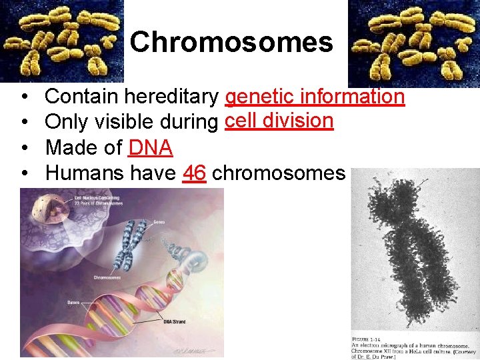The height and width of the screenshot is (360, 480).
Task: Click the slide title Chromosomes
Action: [x=231, y=43]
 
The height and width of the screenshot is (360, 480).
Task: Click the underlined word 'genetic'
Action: [x=260, y=97]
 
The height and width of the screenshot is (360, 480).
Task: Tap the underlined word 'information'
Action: [x=353, y=97]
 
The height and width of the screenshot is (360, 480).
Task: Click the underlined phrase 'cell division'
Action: [x=279, y=121]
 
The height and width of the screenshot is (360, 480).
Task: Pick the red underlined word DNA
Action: [x=150, y=148]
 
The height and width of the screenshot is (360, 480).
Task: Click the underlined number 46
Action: [x=193, y=173]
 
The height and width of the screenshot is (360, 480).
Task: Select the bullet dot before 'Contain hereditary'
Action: [x=24, y=98]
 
